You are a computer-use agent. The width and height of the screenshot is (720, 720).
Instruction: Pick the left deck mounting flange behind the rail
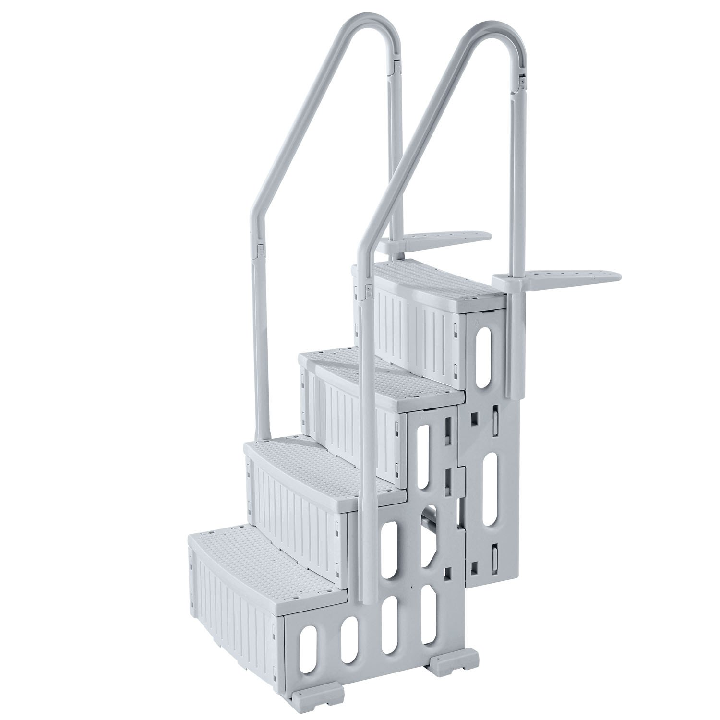pyautogui.click(x=442, y=237)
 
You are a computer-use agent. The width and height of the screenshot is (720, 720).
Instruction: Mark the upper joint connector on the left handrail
pyautogui.click(x=396, y=67)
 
